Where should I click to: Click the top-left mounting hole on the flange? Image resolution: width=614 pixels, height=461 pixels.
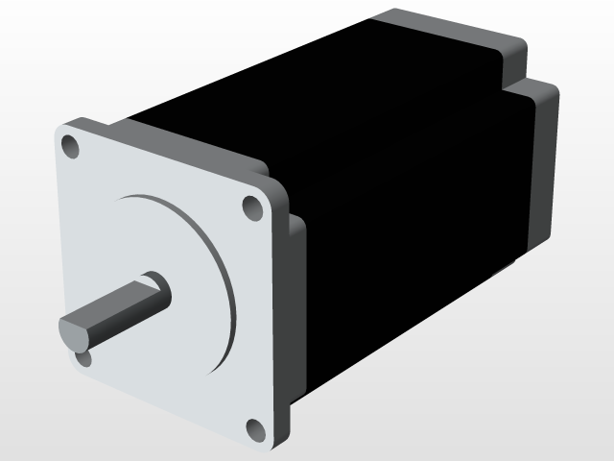click(x=69, y=146)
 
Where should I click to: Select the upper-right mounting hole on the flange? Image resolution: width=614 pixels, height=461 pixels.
click(x=251, y=206)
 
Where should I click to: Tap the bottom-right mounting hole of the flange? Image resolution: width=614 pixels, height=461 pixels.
click(x=254, y=428)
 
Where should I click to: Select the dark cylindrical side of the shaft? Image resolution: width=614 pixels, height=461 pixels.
click(x=125, y=305)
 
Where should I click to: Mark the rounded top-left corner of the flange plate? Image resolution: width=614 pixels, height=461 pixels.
click(x=63, y=130)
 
